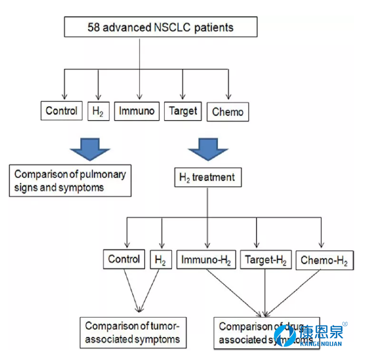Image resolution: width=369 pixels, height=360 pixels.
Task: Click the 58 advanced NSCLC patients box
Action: pos(160,27)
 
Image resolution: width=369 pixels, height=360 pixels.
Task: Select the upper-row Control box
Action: pos(61,111)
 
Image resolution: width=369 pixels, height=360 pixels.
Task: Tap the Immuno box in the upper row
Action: pos(136,111)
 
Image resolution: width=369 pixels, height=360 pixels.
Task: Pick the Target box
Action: pos(183,111)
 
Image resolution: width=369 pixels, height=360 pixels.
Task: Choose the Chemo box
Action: pos(227,112)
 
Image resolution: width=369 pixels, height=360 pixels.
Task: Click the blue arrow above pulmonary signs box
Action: pos(89,147)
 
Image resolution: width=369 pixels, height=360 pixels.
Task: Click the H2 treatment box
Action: pos(207,178)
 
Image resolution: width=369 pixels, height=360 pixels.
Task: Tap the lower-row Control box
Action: pos(124,259)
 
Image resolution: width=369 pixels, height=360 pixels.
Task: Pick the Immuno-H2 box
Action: pos(206,260)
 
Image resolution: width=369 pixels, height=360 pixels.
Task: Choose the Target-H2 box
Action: pos(265,260)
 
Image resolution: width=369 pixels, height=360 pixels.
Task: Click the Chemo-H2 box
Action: pos(324,260)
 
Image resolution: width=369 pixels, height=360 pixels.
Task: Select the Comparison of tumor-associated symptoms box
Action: pos(132,332)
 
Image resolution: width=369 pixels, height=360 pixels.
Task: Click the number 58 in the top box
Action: pos(95,27)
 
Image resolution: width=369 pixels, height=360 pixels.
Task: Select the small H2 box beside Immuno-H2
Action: pos(160,260)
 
